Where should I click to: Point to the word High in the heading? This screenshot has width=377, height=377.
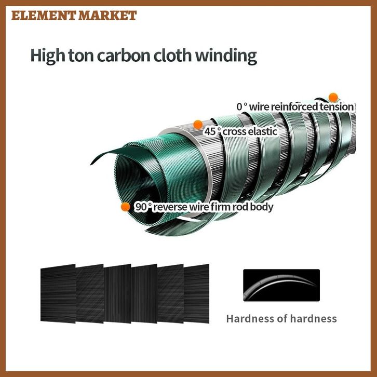tap(45, 56)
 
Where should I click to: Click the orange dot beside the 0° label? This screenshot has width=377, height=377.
tap(333, 97)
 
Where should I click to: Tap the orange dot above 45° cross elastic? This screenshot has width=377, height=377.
tap(197, 124)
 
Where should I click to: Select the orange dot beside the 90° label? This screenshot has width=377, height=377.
tap(125, 207)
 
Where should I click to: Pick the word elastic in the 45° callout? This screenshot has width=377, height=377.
tap(262, 131)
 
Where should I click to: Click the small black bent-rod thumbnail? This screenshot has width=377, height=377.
tap(281, 285)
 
